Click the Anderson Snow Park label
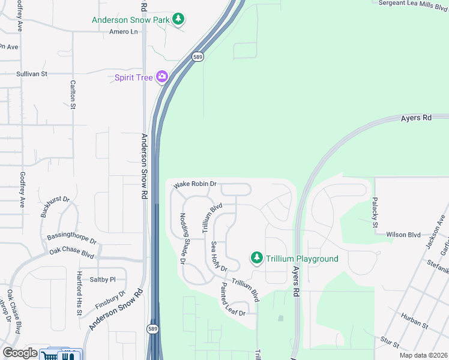130,20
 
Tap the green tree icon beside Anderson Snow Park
178,19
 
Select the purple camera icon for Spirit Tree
161,77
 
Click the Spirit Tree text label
133,77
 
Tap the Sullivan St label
32,74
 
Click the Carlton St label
73,95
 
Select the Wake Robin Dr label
195,185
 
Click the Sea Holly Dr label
218,256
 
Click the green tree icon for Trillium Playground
257,258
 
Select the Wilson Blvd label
403,235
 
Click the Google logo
20,353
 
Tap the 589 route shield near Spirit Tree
197,56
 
